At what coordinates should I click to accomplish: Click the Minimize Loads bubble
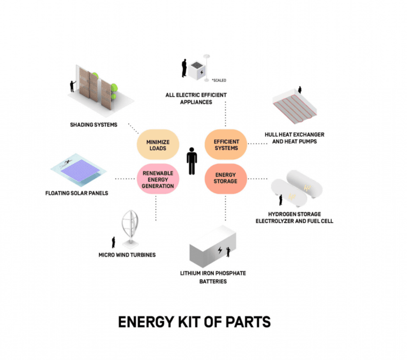pyautogui.click(x=158, y=145)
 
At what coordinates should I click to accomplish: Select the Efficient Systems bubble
pyautogui.click(x=226, y=145)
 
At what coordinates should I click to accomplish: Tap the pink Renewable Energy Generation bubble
pyautogui.click(x=158, y=179)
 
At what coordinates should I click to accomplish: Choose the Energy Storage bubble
pyautogui.click(x=226, y=178)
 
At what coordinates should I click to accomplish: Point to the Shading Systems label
pyautogui.click(x=94, y=125)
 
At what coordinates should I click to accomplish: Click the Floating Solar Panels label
pyautogui.click(x=77, y=193)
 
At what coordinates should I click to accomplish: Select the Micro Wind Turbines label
pyautogui.click(x=127, y=255)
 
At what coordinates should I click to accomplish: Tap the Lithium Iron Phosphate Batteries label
pyautogui.click(x=213, y=277)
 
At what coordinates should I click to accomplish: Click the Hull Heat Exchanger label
pyautogui.click(x=294, y=135)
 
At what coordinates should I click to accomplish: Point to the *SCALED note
pyautogui.click(x=219, y=80)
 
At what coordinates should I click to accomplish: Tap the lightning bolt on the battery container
pyautogui.click(x=220, y=251)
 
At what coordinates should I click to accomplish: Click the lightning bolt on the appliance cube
pyautogui.click(x=202, y=72)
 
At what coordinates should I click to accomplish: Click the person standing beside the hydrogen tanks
pyautogui.click(x=280, y=200)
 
